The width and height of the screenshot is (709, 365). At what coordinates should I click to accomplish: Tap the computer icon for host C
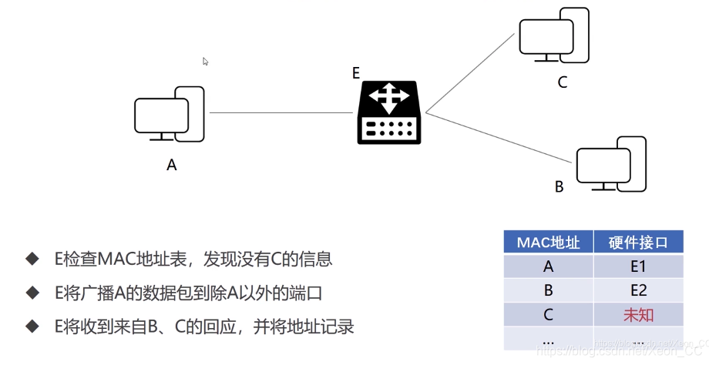pyautogui.click(x=553, y=37)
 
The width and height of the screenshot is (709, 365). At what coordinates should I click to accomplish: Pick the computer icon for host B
pyautogui.click(x=610, y=164)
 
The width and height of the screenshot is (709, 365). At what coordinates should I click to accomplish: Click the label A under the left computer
pyautogui.click(x=171, y=165)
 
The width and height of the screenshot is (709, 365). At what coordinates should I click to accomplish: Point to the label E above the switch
pyautogui.click(x=356, y=73)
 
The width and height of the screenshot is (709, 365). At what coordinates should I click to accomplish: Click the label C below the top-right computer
pyautogui.click(x=562, y=82)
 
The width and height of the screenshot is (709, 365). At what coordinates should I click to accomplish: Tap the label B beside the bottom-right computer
pyautogui.click(x=559, y=187)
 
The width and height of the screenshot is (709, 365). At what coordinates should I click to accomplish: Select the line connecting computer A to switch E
pyautogui.click(x=281, y=113)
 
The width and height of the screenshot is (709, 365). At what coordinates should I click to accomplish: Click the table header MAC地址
pyautogui.click(x=548, y=243)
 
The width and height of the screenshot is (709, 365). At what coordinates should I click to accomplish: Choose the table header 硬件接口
pyautogui.click(x=638, y=243)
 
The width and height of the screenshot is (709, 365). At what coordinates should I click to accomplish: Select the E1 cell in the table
pyautogui.click(x=638, y=266)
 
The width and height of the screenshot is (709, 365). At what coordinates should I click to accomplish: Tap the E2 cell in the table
pyautogui.click(x=638, y=290)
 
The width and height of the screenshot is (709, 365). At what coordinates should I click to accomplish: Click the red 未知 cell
pyautogui.click(x=638, y=315)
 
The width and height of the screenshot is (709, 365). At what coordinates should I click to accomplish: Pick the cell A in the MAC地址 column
pyautogui.click(x=548, y=266)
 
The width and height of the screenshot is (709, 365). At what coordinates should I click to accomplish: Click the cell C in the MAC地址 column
pyautogui.click(x=548, y=315)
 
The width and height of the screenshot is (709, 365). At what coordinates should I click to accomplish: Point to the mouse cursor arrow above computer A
pyautogui.click(x=206, y=62)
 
